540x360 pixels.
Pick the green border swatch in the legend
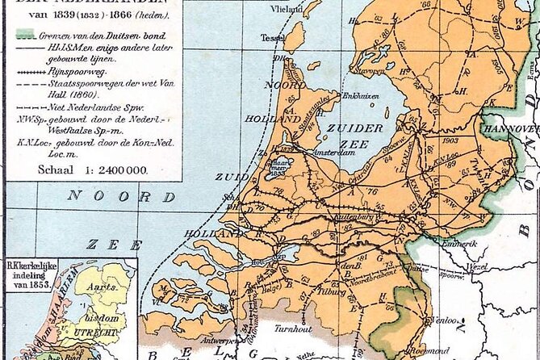click(x=26, y=36)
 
